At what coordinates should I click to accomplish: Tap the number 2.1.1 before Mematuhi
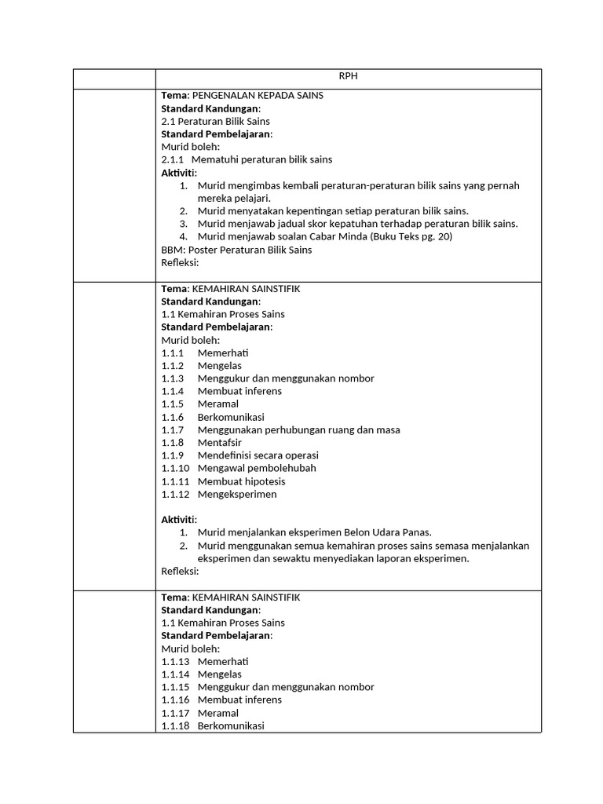[173, 159]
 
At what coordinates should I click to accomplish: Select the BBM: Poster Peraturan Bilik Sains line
[236, 250]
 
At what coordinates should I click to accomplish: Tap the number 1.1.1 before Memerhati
[173, 353]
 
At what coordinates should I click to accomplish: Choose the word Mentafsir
[220, 443]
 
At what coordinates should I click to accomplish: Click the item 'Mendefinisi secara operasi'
[258, 455]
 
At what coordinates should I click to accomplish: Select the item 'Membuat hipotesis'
[241, 481]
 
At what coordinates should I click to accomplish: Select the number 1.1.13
[175, 661]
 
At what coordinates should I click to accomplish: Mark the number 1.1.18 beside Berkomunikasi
[175, 725]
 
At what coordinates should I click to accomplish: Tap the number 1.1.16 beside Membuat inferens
[175, 700]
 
